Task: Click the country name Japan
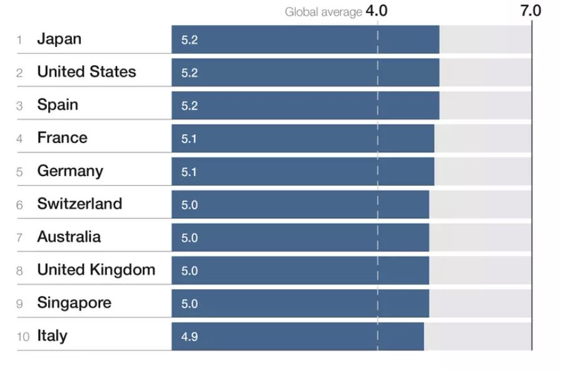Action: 59,39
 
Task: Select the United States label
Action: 86,71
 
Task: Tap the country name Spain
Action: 58,105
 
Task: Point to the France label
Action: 62,137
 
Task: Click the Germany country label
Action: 70,171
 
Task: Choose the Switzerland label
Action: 80,204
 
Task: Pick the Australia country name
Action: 69,236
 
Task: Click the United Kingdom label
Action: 96,270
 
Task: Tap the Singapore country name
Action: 74,302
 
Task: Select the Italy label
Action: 52,336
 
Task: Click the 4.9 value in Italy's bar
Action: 189,337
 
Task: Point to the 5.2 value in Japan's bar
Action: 189,40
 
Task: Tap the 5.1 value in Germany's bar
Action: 189,172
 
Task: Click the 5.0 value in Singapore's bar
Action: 189,304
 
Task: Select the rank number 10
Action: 23,337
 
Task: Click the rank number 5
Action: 19,172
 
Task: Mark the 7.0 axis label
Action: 530,11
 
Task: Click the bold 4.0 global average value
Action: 376,11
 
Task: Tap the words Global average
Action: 323,12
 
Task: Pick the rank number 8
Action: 19,271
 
